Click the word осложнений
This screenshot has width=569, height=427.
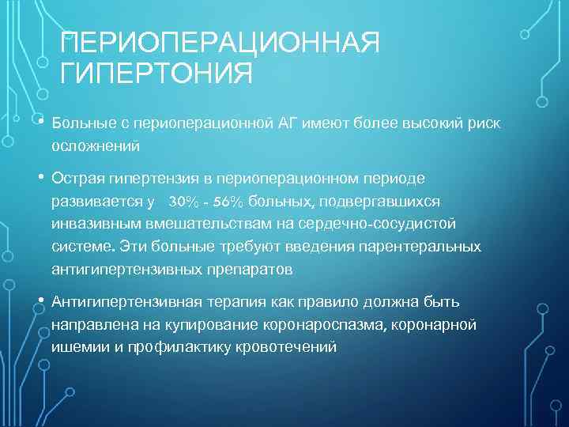pyautogui.click(x=96, y=146)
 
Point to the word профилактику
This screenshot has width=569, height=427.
pyautogui.click(x=175, y=346)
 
